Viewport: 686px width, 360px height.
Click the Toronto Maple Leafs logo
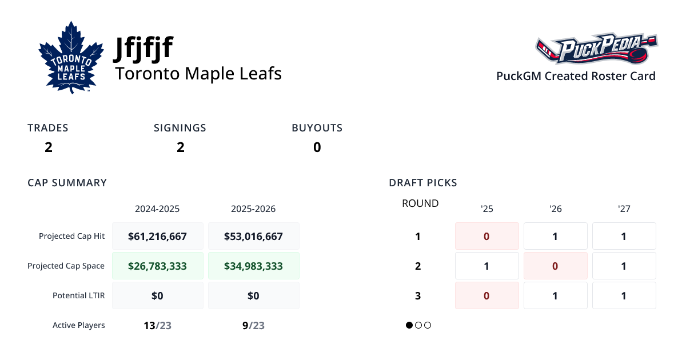tap(71, 58)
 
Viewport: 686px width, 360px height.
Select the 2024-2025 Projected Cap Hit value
tap(157, 236)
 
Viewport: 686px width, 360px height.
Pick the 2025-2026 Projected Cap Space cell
tap(253, 266)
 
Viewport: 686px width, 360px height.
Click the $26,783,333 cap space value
tap(157, 266)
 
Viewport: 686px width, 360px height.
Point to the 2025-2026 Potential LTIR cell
tap(253, 295)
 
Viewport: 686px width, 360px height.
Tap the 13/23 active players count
tap(157, 326)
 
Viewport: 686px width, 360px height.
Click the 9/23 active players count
tap(253, 326)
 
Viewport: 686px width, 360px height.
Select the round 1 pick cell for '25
tap(486, 236)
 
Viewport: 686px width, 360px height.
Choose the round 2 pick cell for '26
tap(555, 266)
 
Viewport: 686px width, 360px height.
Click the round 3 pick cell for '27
tap(624, 295)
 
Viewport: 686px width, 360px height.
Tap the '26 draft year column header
tap(555, 209)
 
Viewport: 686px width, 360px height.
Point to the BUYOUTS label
tap(317, 128)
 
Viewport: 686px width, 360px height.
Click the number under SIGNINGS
tap(180, 147)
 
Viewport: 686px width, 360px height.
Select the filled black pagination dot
tap(409, 325)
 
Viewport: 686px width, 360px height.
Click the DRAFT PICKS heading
tap(422, 183)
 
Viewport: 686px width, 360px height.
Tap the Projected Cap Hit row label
tap(71, 236)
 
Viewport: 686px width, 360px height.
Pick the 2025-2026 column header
tap(253, 209)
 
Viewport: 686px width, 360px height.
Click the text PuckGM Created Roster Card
tap(576, 76)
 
